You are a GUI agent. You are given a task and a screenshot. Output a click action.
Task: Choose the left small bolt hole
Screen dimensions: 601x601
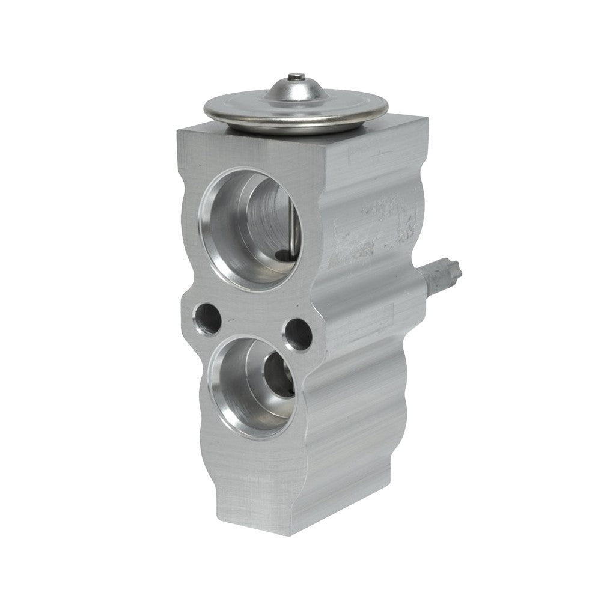pos(205,319)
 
